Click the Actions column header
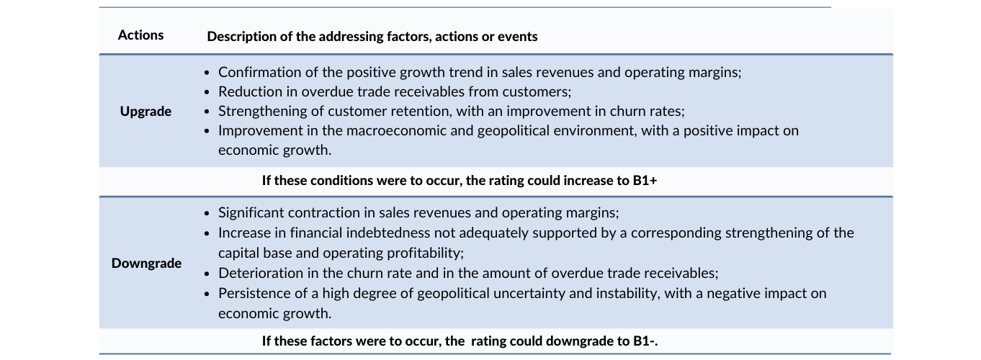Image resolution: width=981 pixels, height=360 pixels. [x=140, y=35]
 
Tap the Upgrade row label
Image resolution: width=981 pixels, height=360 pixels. [x=145, y=112]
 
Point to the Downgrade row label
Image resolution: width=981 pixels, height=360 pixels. [x=146, y=264]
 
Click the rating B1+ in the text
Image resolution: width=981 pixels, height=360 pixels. [x=645, y=181]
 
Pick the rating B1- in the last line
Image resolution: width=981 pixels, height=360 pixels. [x=645, y=341]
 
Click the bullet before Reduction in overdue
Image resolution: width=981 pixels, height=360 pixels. [x=207, y=92]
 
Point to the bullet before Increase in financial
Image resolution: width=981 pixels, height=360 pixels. [x=207, y=233]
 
